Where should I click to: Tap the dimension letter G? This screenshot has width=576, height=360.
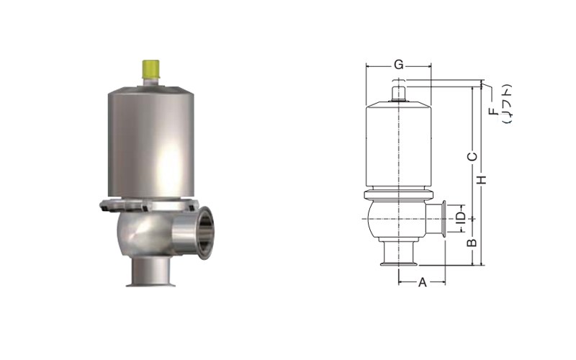[x=399, y=65]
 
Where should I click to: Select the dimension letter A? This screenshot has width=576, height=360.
[x=423, y=282]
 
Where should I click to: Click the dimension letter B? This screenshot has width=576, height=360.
[x=472, y=243]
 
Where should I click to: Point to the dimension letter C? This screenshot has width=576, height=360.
[x=472, y=157]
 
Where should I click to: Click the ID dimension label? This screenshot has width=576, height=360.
[x=461, y=217]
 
